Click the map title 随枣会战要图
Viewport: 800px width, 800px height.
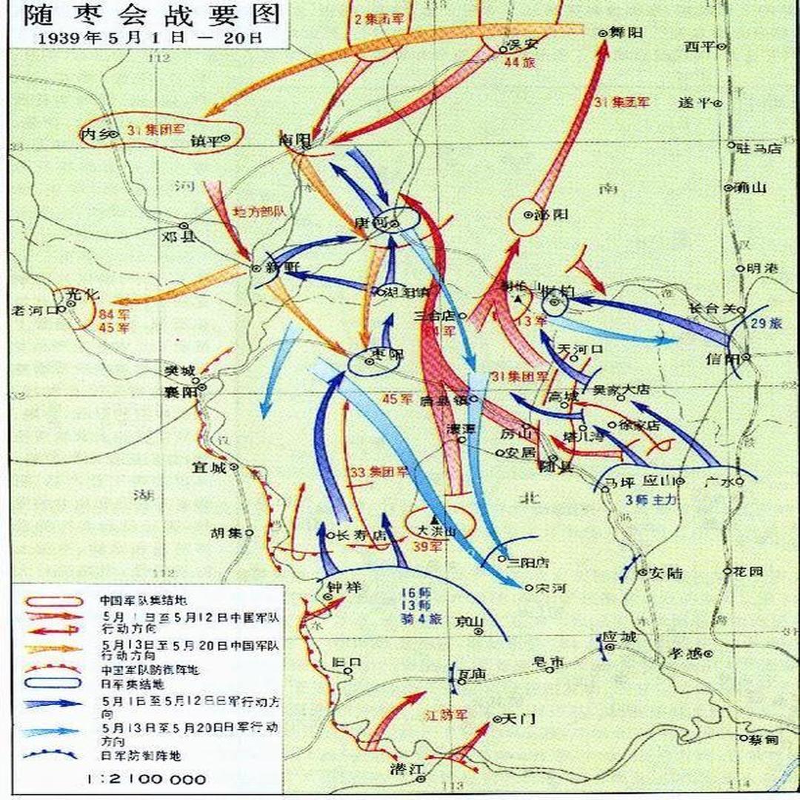[144, 15]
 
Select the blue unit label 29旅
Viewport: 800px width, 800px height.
[763, 324]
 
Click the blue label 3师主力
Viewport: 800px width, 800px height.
[652, 500]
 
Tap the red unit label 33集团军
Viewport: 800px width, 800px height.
[379, 471]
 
